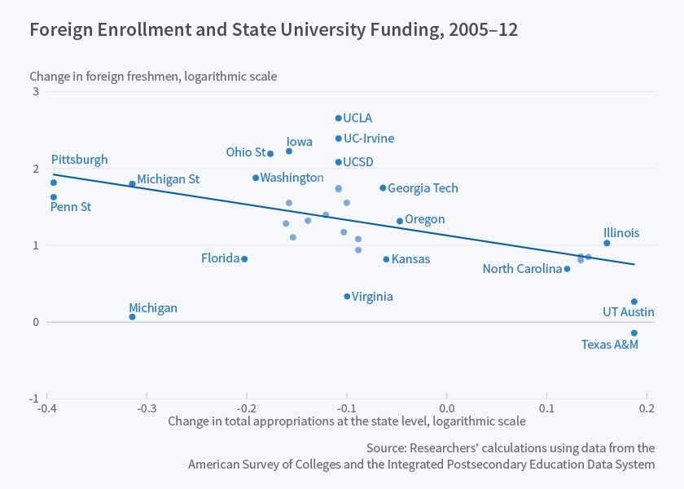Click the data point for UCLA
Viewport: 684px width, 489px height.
pos(339,118)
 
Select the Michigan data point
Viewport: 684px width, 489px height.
pos(132,317)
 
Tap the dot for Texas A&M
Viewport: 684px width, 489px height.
pos(634,333)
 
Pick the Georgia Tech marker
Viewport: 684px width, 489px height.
pos(383,188)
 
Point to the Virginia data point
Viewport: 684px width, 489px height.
pos(347,297)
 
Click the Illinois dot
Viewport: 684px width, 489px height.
pos(607,243)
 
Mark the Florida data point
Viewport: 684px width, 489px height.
pos(244,259)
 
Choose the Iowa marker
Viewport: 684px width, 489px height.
pos(289,152)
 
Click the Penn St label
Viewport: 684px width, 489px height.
pos(71,207)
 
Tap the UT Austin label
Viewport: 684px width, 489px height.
pos(628,312)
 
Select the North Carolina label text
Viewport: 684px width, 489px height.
pos(522,269)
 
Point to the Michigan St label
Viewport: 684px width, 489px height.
pos(168,179)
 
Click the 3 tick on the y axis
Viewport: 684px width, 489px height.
pos(36,92)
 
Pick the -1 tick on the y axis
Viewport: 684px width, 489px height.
pos(34,399)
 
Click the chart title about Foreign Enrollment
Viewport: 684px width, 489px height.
pos(274,30)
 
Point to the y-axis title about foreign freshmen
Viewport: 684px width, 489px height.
pos(153,77)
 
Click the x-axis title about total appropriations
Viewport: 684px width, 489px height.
pos(347,421)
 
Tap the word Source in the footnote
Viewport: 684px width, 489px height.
pos(387,448)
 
